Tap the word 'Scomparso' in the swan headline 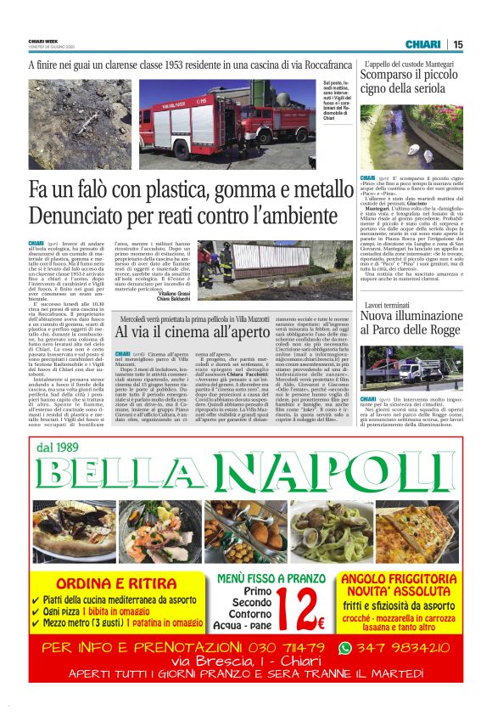tap(395, 76)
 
